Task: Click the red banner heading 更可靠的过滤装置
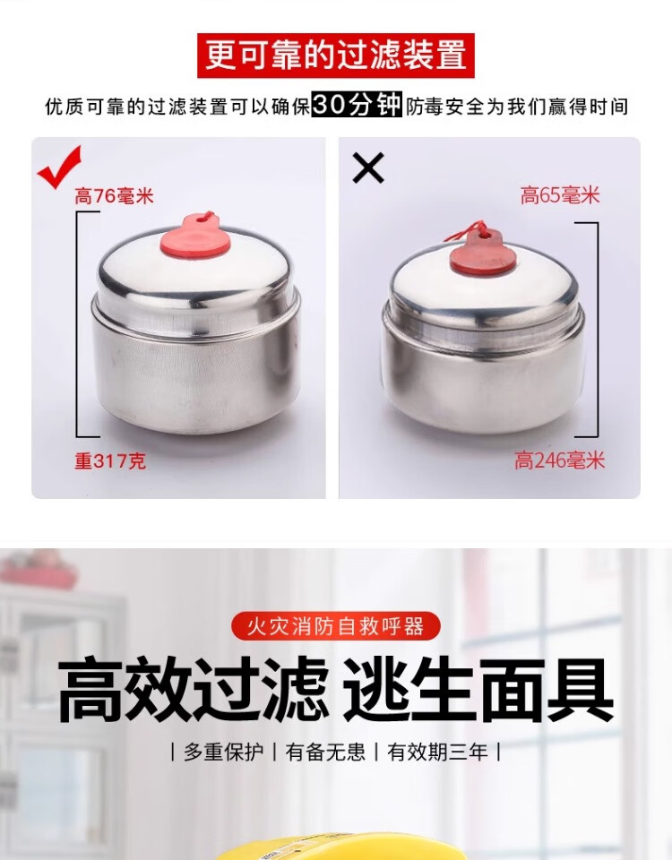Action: [336, 56]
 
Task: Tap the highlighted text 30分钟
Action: [357, 105]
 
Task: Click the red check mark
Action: [60, 167]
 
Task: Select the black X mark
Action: [368, 168]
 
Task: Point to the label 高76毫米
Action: [114, 196]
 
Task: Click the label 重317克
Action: [110, 460]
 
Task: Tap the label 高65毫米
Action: [560, 195]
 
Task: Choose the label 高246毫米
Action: [559, 460]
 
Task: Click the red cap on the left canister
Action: [195, 237]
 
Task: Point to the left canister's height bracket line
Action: [77, 324]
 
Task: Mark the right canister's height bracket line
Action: [597, 330]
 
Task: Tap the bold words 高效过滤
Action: [194, 690]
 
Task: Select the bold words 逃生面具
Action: [478, 690]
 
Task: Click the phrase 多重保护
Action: [224, 752]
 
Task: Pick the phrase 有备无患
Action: [325, 752]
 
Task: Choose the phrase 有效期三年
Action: [437, 752]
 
